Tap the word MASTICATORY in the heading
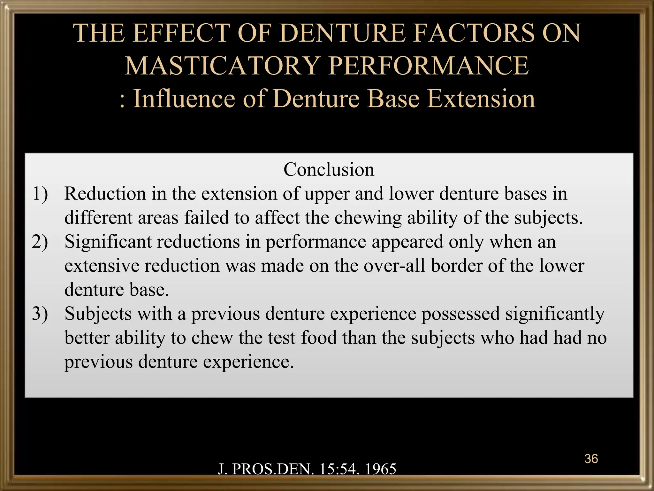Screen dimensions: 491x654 (222, 66)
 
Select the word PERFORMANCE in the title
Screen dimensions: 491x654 (429, 66)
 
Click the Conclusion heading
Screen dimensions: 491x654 (329, 169)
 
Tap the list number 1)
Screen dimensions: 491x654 (40, 194)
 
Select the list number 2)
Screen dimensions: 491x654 (40, 242)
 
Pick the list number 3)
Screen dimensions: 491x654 (40, 314)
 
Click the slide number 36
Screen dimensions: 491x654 (591, 459)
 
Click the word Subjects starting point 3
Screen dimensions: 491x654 (98, 314)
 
